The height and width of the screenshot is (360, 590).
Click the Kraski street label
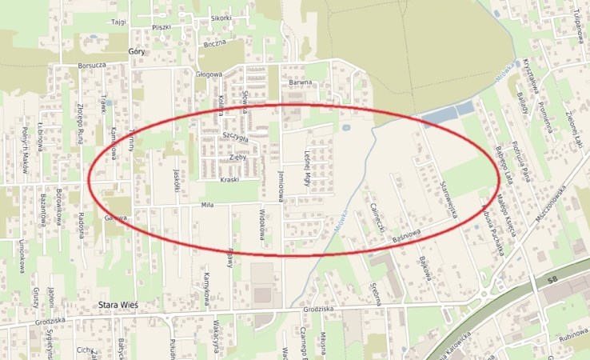coord(229,179)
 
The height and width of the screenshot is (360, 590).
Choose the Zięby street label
coord(237,158)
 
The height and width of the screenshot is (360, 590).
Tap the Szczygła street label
coord(237,138)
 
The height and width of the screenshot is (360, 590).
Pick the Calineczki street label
coord(378,217)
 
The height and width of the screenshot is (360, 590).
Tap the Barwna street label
coord(300,82)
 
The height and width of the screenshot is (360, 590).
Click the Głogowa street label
coord(209,74)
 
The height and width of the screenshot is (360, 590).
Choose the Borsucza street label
coord(93,64)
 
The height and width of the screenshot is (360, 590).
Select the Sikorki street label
coord(221,18)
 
